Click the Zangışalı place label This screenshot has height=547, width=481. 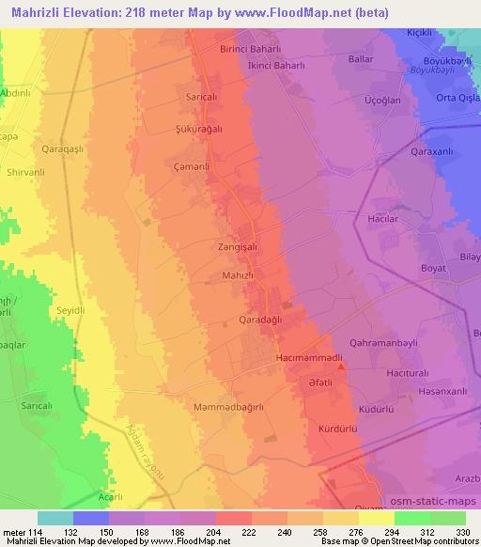tap(237, 246)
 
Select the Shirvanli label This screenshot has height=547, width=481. tap(25, 172)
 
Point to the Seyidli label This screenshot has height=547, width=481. tap(71, 310)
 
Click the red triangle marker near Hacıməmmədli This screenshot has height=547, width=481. tap(341, 368)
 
